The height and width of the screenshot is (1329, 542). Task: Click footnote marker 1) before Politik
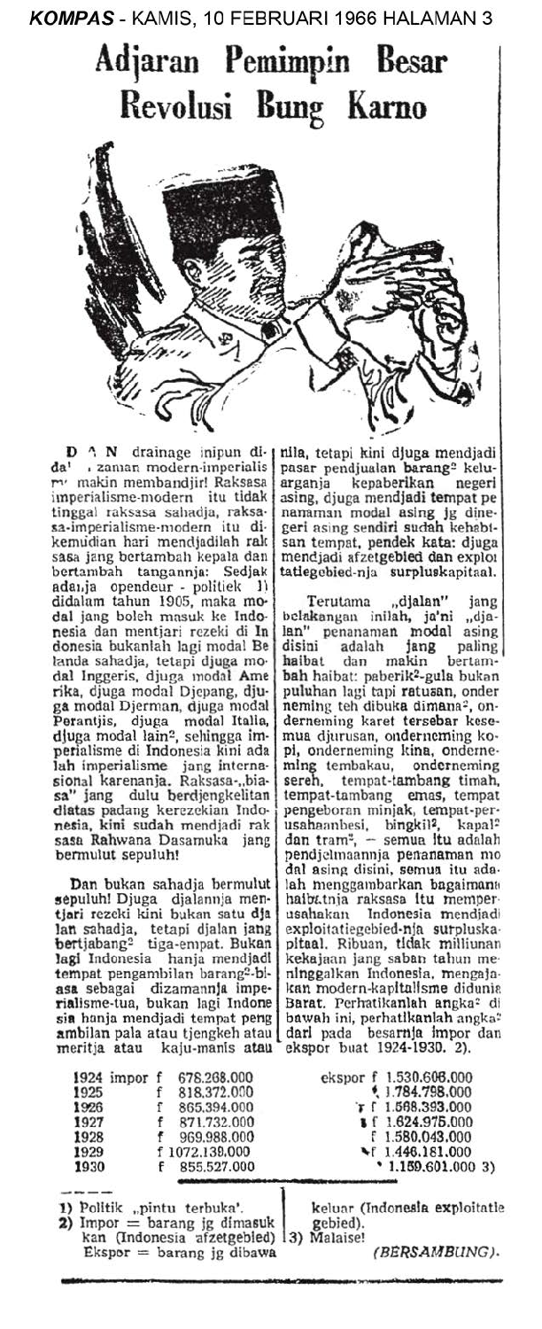click(x=66, y=1206)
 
